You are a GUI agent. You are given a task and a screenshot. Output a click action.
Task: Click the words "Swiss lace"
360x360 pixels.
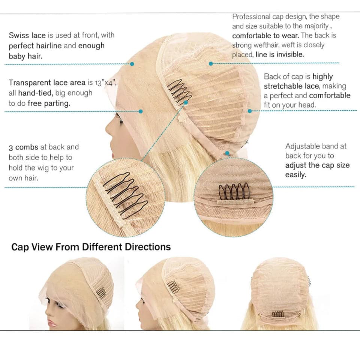27,35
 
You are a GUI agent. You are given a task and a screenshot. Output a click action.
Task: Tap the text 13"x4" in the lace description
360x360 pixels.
106,82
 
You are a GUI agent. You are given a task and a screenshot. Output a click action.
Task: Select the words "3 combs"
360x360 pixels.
23,147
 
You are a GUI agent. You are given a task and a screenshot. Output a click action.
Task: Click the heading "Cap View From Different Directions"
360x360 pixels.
91,247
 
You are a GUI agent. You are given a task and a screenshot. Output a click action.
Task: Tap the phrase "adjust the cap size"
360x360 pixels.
318,165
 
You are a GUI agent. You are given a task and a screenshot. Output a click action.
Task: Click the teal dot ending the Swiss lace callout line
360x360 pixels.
132,64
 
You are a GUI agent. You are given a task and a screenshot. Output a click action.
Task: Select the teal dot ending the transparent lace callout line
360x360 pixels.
141,111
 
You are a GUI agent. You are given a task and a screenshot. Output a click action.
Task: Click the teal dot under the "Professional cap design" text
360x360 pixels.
211,63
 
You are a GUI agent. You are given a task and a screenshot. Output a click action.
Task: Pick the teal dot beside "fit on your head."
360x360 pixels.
250,111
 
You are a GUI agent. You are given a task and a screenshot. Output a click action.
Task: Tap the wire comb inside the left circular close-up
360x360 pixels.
125,195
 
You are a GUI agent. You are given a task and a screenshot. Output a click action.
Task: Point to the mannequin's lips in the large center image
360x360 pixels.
113,152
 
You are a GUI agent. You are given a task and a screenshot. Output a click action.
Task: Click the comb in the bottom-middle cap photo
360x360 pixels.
174,287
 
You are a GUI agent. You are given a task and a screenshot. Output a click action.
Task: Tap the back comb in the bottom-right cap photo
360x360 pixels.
278,314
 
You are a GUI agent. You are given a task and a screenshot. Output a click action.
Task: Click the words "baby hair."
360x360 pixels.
26,56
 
